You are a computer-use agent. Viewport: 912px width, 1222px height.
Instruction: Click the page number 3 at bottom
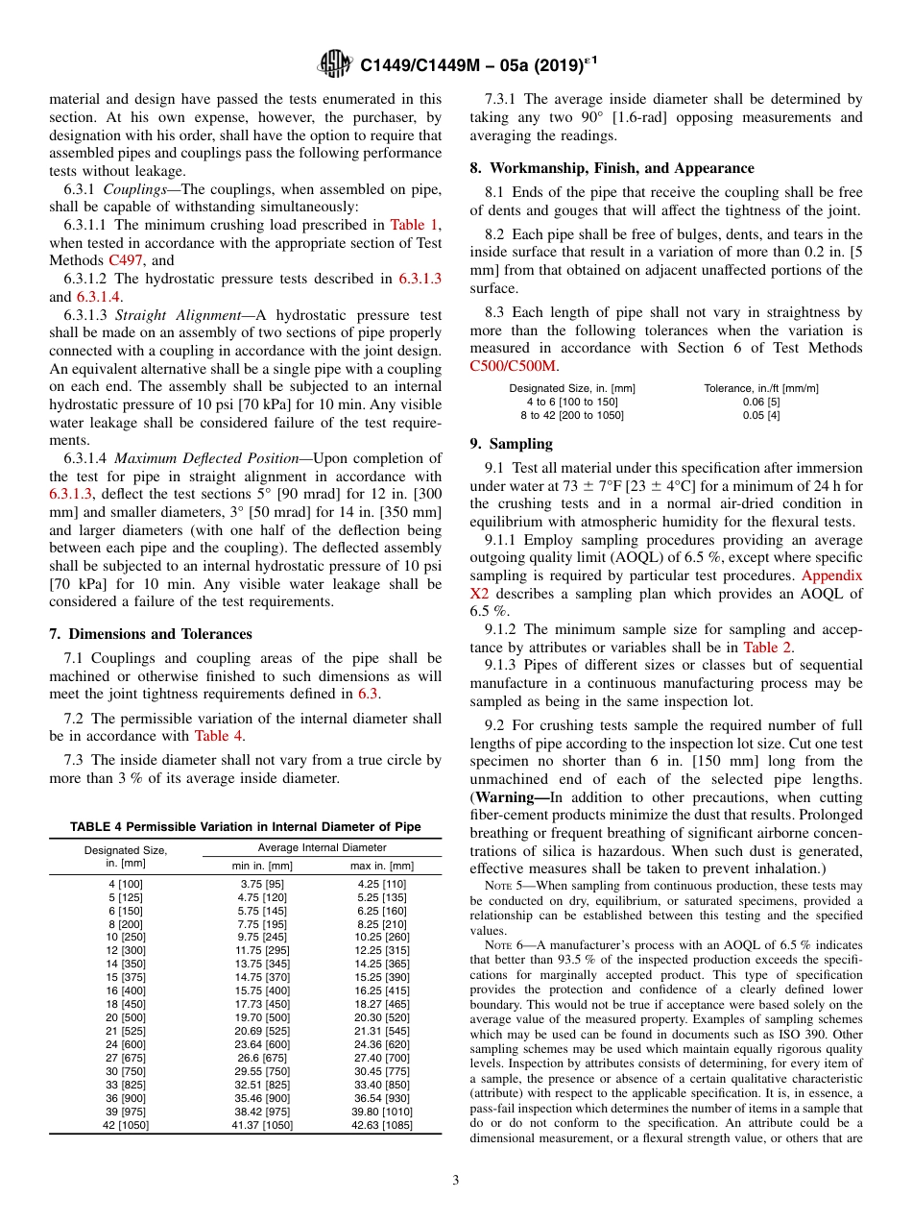(456, 1180)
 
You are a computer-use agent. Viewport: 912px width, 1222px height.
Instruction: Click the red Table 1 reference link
(413, 225)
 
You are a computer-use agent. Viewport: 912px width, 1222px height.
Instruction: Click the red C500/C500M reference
(513, 365)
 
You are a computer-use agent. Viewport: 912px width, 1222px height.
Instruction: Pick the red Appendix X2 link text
(831, 575)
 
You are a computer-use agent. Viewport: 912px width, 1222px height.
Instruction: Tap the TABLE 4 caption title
(245, 827)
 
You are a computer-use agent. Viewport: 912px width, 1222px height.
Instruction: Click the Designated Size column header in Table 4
(125, 856)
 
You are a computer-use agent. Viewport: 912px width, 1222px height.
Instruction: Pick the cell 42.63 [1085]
(381, 1125)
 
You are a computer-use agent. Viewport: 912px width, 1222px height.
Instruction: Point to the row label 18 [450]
(125, 1002)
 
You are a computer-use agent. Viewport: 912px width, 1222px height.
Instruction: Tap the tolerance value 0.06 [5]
(760, 402)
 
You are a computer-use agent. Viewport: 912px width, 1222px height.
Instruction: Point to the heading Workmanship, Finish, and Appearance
(620, 168)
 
